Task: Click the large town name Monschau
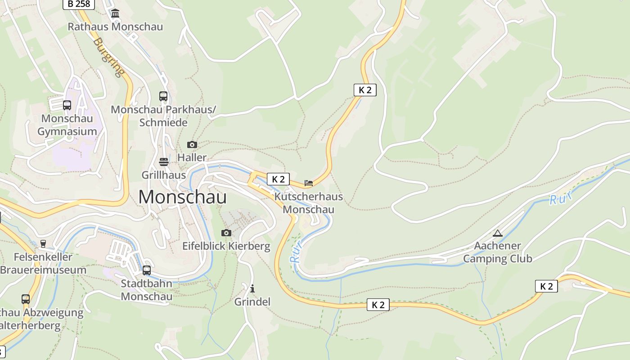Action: point(182,197)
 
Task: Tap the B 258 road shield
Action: point(79,4)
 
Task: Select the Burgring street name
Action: point(108,57)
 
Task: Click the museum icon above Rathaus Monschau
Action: point(115,13)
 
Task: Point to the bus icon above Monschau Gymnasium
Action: point(67,105)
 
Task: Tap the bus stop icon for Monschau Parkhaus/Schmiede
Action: point(163,96)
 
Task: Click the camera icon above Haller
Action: point(192,144)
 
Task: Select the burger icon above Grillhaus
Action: point(164,162)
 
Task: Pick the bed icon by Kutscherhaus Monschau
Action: point(309,183)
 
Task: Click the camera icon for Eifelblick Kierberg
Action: point(226,233)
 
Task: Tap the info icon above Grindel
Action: point(252,288)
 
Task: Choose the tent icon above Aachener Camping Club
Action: point(497,233)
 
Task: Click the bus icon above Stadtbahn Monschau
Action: point(147,270)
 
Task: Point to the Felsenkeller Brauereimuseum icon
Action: point(43,244)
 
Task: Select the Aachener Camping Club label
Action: point(498,252)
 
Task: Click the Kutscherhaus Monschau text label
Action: point(309,203)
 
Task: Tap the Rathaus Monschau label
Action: point(115,27)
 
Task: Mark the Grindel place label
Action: point(252,301)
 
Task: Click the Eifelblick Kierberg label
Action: point(226,246)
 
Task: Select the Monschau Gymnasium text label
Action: point(67,125)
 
